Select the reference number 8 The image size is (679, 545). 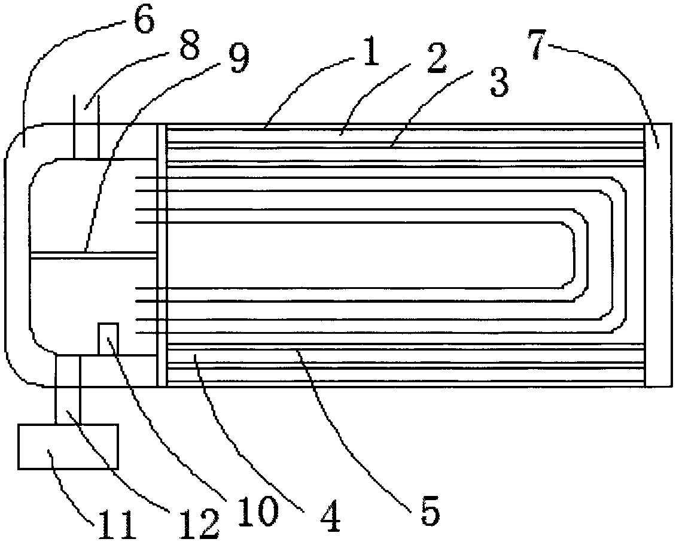tap(189, 45)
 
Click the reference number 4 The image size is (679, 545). tap(329, 517)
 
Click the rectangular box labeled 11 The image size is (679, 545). tap(68, 446)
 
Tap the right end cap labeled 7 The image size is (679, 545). tap(659, 255)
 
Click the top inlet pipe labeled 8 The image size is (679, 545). tap(87, 126)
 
